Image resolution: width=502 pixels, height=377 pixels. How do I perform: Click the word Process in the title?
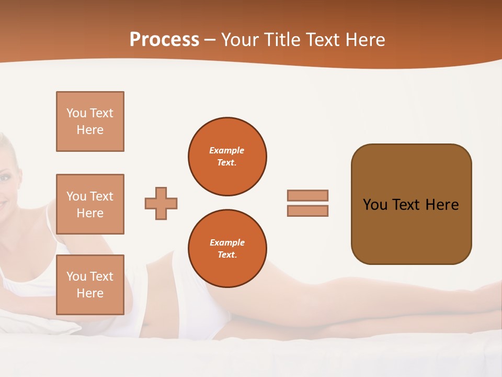164,40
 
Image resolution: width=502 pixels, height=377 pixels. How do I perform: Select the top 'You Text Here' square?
90,121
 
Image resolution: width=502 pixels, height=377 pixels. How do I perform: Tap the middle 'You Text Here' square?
90,204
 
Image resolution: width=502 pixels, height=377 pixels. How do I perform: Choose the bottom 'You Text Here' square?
90,285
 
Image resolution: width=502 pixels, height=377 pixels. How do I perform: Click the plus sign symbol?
161,203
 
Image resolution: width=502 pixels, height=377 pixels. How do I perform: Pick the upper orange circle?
227,157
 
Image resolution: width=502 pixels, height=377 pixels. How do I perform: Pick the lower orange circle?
227,249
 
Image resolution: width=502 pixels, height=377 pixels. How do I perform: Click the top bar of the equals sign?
307,195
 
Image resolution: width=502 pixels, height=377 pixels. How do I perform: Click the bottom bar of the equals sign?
307,211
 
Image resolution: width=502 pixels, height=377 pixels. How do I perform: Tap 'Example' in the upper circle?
226,150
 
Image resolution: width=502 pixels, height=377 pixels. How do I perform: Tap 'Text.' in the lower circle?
227,255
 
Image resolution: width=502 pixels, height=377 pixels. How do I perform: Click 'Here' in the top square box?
90,130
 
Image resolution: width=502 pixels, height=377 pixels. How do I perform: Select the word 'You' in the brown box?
374,205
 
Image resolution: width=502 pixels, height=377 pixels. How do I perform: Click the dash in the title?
210,40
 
